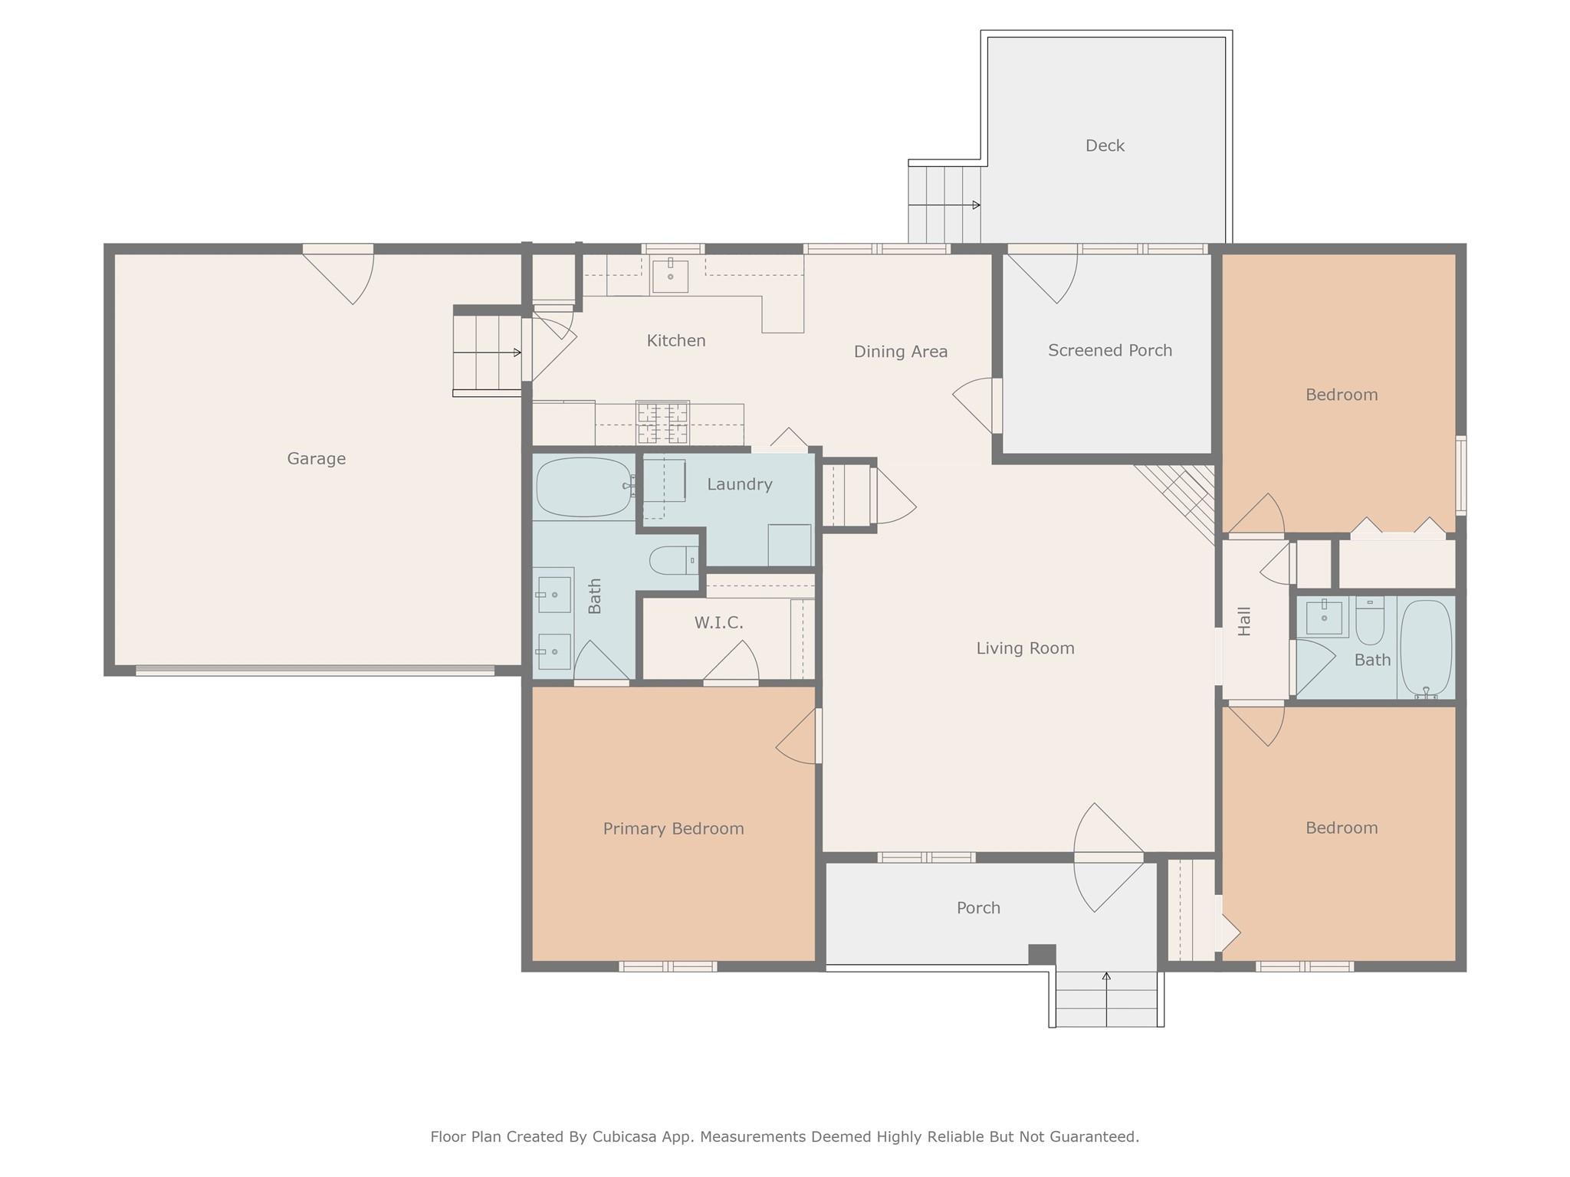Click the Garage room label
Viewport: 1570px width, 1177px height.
click(316, 458)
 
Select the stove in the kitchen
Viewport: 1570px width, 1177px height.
click(662, 422)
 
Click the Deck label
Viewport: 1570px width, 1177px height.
click(1105, 146)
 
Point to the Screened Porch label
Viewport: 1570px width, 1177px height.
click(1109, 350)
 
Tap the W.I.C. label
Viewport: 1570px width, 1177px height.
click(718, 623)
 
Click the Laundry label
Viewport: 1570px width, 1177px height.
click(739, 484)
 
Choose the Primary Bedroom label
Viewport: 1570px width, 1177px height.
click(673, 828)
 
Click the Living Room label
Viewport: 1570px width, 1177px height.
click(1025, 648)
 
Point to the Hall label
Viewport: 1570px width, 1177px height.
click(1244, 621)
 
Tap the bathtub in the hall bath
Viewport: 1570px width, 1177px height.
click(1426, 648)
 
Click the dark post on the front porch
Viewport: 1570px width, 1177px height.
click(1041, 954)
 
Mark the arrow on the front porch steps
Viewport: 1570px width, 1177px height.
click(1106, 977)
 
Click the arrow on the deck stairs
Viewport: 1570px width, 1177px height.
click(975, 205)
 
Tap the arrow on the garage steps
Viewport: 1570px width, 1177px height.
click(517, 352)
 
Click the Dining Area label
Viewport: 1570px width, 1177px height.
click(900, 352)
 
